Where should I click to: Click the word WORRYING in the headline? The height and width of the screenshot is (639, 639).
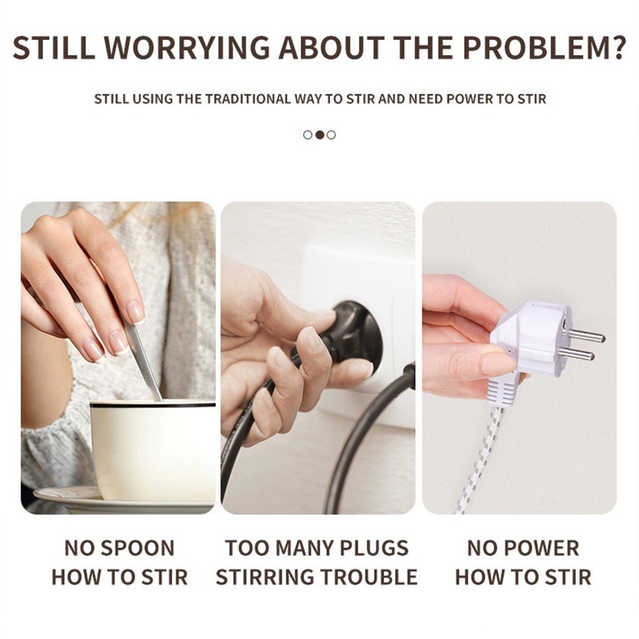click(x=187, y=48)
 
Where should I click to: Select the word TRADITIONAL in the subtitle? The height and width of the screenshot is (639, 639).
click(x=248, y=99)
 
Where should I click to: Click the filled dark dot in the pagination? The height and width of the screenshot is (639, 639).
click(x=320, y=135)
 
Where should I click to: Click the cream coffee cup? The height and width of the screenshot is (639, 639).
click(x=153, y=451)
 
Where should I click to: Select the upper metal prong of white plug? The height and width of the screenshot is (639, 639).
click(x=586, y=336)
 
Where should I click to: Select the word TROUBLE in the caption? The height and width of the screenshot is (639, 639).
click(x=369, y=577)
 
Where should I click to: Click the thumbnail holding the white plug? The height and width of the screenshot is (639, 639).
click(x=519, y=358)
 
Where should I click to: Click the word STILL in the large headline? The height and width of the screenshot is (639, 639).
click(x=54, y=48)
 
